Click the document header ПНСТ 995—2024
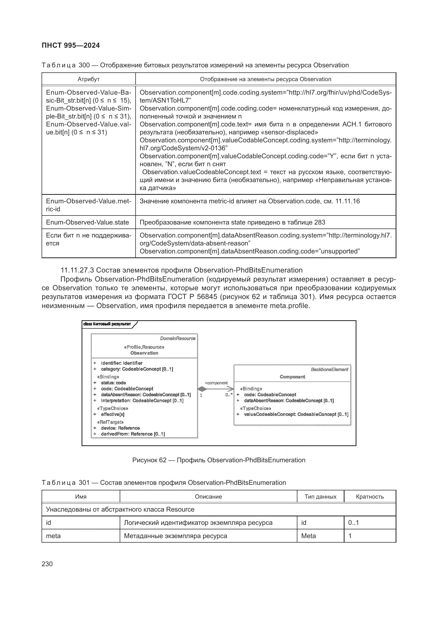[71, 45]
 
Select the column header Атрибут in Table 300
[88, 79]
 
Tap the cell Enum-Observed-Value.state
[87, 222]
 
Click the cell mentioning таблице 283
[232, 222]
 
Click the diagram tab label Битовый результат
[107, 324]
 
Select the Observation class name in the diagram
[144, 353]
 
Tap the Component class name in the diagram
[292, 377]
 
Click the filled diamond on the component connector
[202, 389]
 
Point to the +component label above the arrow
[216, 383]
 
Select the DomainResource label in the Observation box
[177, 338]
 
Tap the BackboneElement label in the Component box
[329, 370]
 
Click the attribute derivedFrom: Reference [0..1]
[133, 434]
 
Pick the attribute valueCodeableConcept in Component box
[296, 414]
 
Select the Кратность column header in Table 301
[369, 496]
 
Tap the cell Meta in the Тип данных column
[309, 536]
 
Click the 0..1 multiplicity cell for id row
[353, 522]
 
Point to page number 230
[47, 564]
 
